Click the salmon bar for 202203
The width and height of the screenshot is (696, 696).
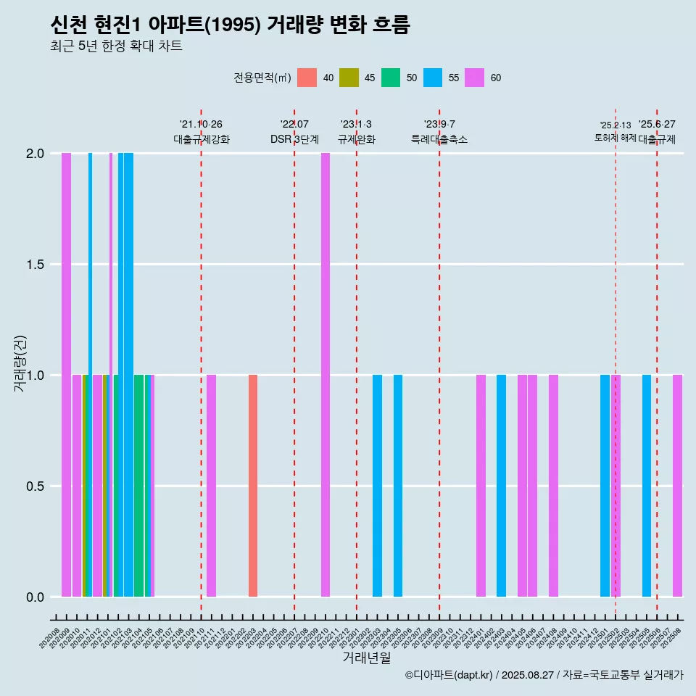[x=253, y=486]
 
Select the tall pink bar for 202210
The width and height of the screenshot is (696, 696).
[x=326, y=375]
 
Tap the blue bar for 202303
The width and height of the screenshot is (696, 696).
[x=377, y=486]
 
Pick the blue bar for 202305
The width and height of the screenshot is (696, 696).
[x=398, y=486]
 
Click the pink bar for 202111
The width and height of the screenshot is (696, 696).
[x=211, y=486]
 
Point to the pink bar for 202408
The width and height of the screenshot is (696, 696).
[x=553, y=486]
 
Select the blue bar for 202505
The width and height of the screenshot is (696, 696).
[x=647, y=486]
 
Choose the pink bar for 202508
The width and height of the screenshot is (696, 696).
[x=677, y=486]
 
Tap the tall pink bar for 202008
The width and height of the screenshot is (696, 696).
[x=66, y=375]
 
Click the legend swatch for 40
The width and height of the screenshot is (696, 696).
[x=307, y=78]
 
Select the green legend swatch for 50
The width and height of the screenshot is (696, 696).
[x=391, y=78]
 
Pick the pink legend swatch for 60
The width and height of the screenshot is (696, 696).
[x=475, y=78]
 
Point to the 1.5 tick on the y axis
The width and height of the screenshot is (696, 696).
[x=35, y=265]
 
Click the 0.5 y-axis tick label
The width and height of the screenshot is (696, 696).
[x=35, y=486]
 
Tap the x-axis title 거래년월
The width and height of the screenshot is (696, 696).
[x=366, y=658]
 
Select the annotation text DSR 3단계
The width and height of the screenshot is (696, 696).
[x=294, y=139]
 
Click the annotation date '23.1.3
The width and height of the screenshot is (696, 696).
[x=356, y=125]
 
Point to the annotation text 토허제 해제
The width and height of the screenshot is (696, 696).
[x=615, y=138]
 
